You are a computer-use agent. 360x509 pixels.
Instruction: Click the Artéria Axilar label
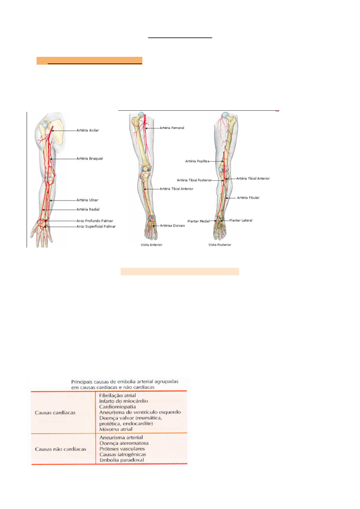click(x=88, y=130)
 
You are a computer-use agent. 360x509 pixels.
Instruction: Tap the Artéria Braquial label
click(x=89, y=158)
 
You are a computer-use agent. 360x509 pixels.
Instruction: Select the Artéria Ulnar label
click(x=87, y=200)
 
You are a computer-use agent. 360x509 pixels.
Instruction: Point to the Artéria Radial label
click(x=88, y=209)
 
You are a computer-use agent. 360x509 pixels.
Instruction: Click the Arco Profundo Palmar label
click(x=95, y=221)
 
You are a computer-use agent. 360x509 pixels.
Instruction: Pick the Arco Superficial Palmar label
click(x=96, y=226)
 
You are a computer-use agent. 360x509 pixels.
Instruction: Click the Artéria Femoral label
click(x=172, y=128)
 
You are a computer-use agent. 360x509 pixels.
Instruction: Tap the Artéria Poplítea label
click(x=197, y=161)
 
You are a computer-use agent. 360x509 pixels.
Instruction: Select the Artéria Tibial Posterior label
click(x=194, y=180)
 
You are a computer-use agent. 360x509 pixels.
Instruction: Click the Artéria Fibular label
click(x=248, y=198)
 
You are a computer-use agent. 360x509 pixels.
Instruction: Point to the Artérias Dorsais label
click(x=172, y=225)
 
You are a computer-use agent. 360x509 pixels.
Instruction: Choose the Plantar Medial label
click(x=198, y=221)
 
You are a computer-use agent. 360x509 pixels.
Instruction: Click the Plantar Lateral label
click(x=241, y=220)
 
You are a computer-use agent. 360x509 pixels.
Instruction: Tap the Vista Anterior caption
click(x=151, y=245)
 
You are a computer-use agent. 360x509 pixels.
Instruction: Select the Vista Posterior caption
click(x=220, y=245)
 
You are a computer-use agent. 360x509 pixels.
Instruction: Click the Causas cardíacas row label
click(x=55, y=413)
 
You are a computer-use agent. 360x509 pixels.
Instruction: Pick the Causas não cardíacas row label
click(x=60, y=449)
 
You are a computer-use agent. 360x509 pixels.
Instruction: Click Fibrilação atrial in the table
click(x=117, y=395)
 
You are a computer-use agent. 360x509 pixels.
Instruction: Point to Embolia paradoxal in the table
click(x=122, y=460)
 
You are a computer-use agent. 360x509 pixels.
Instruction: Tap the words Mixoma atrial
click(x=116, y=429)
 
